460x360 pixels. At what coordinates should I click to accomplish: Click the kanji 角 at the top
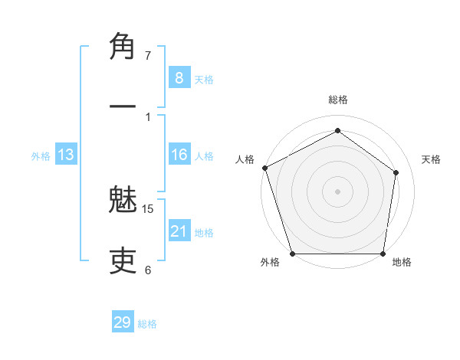click(124, 47)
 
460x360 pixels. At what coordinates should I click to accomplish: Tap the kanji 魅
click(124, 203)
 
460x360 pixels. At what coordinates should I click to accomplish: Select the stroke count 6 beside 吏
click(148, 270)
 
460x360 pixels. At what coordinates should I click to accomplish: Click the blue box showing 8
click(179, 77)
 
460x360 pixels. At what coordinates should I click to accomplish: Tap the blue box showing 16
click(179, 155)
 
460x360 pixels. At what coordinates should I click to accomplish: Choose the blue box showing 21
click(179, 231)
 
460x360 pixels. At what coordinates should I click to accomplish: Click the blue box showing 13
click(66, 155)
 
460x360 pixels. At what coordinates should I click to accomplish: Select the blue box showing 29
click(122, 322)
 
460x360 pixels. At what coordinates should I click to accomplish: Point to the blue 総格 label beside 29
click(147, 324)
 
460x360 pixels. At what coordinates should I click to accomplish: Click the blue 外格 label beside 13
click(41, 156)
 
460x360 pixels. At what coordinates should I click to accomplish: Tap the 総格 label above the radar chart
click(337, 100)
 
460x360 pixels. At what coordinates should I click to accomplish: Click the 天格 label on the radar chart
click(432, 159)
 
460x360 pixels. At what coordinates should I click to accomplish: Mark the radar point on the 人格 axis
click(264, 168)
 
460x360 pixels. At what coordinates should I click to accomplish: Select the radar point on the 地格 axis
click(383, 254)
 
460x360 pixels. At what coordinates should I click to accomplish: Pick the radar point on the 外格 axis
click(292, 254)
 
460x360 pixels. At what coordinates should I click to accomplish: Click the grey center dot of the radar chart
click(337, 191)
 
